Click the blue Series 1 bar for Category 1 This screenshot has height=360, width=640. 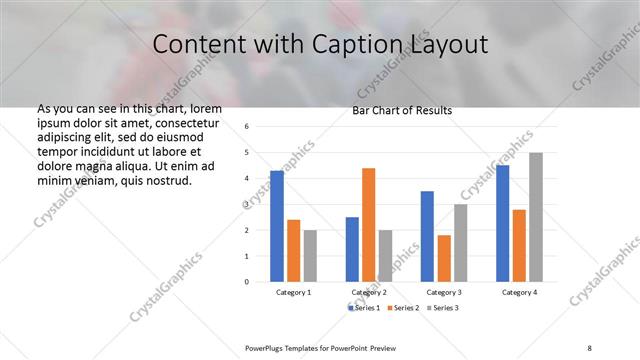(277, 226)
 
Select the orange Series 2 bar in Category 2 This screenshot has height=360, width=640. (368, 225)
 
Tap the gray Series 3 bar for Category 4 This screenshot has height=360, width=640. (536, 217)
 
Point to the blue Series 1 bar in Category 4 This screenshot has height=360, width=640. (502, 223)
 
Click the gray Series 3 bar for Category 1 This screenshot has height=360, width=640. (310, 255)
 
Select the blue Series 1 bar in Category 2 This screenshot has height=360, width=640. (352, 249)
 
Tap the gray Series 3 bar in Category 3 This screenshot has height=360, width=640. (460, 243)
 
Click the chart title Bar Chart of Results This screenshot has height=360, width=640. (402, 110)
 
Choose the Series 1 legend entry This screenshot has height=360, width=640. (365, 308)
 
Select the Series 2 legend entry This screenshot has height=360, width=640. (402, 308)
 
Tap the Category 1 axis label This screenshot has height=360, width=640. (293, 292)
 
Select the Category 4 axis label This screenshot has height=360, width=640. (519, 292)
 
